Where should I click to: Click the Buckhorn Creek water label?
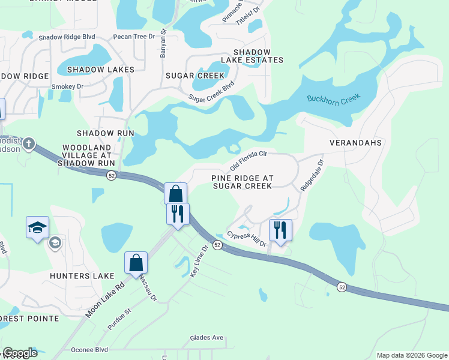pyautogui.click(x=333, y=99)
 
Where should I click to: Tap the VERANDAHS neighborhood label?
pyautogui.click(x=355, y=143)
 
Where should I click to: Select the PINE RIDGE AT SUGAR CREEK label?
pyautogui.click(x=242, y=182)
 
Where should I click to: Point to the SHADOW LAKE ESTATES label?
pyautogui.click(x=252, y=56)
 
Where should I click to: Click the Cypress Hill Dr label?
pyautogui.click(x=246, y=238)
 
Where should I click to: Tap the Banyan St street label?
pyautogui.click(x=163, y=44)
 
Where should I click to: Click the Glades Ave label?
pyautogui.click(x=206, y=338)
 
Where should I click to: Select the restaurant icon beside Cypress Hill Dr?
pyautogui.click(x=280, y=229)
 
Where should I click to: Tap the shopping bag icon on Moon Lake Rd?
pyautogui.click(x=136, y=262)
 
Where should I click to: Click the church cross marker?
pyautogui.click(x=28, y=144)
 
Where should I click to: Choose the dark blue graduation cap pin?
pyautogui.click(x=37, y=227)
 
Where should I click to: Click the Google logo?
pyautogui.click(x=20, y=353)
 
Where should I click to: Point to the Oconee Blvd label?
pyautogui.click(x=89, y=349)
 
